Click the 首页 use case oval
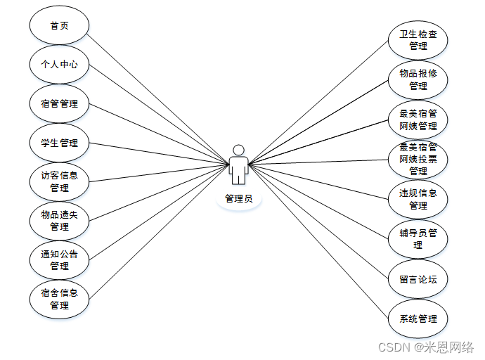click(60, 25)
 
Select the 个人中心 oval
click(60, 65)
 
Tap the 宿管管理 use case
click(60, 104)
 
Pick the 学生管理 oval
click(60, 143)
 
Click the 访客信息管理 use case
click(60, 182)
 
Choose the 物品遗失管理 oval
click(60, 221)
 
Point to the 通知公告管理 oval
click(60, 260)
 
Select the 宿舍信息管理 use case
click(60, 300)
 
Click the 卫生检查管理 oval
click(418, 41)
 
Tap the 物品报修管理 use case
click(418, 80)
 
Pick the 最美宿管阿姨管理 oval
click(418, 120)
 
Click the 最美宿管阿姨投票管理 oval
click(418, 159)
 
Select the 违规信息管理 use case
click(418, 199)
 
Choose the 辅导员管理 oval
click(418, 239)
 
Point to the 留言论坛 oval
click(418, 279)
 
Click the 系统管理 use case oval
click(418, 319)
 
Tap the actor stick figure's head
click(239, 150)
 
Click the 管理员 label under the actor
click(239, 199)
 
